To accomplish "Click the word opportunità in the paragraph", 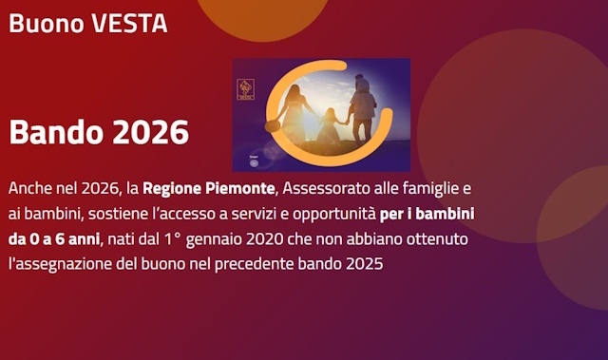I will coord(336,211).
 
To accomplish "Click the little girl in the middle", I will coord(330,128).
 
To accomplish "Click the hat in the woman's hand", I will coord(274,125).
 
